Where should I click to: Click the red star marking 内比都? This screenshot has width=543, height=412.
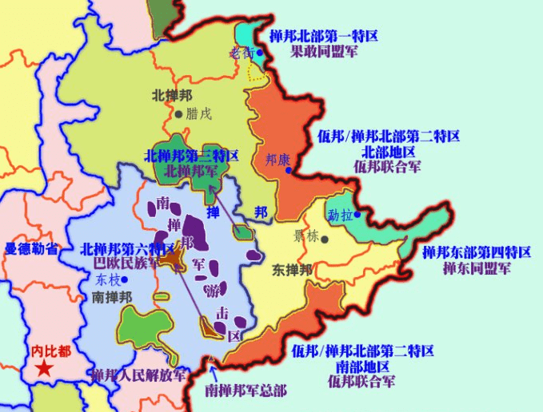coord(45,368)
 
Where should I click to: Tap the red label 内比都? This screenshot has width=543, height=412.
coord(51,351)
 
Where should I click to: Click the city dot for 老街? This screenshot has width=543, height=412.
coord(259,53)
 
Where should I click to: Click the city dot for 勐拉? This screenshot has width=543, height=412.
coord(358,214)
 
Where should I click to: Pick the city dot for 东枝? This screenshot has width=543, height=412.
coord(125,279)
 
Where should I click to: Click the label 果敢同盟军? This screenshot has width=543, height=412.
coord(324,50)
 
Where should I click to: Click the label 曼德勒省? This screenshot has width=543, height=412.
coord(31,249)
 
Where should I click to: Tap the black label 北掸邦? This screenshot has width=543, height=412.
coord(172,95)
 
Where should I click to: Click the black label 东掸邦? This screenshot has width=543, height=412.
coord(292,269)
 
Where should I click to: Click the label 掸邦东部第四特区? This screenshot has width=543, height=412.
coord(477,252)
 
